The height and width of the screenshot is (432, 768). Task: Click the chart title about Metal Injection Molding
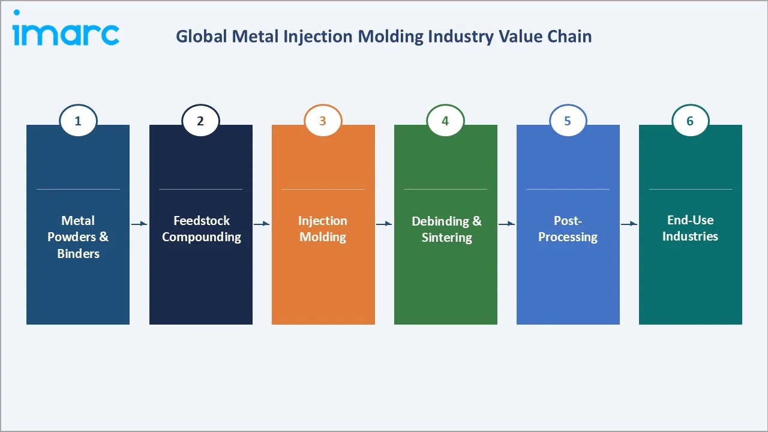(383, 37)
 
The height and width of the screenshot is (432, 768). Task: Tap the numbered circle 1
(78, 121)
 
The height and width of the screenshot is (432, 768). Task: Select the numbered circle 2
(200, 121)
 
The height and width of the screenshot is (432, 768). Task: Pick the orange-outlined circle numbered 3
(323, 121)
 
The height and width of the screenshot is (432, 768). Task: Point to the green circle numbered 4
(445, 121)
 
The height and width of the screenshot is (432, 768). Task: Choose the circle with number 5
(568, 121)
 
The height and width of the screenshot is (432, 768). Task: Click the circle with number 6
(690, 121)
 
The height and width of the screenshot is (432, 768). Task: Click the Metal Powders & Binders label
(78, 237)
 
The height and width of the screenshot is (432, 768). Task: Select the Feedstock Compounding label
(201, 229)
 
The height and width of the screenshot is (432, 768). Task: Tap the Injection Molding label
(323, 229)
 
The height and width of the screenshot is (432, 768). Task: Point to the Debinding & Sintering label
(446, 229)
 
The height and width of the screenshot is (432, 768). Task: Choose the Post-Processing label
(568, 229)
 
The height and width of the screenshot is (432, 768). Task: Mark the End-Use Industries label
(690, 228)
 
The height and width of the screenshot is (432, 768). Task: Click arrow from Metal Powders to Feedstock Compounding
(139, 224)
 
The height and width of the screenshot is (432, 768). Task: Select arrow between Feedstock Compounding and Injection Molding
(262, 224)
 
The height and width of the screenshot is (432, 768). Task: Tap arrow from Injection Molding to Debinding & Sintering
(384, 224)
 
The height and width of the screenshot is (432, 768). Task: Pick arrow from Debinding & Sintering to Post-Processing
(506, 224)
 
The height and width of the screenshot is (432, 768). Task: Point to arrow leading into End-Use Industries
(629, 224)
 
